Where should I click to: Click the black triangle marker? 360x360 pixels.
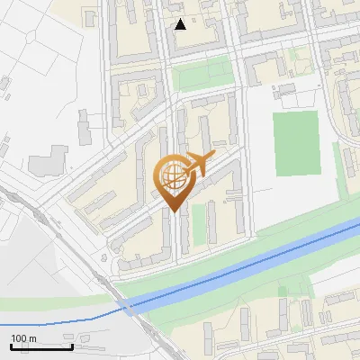[181, 24]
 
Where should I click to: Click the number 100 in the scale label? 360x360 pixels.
[20, 338]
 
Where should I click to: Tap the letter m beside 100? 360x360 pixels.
[33, 338]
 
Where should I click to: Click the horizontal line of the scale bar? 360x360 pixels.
[40, 346]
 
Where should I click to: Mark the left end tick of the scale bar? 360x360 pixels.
[10, 345]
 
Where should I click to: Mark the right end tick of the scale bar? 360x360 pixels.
[72, 345]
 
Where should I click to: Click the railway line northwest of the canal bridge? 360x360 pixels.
[72, 243]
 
